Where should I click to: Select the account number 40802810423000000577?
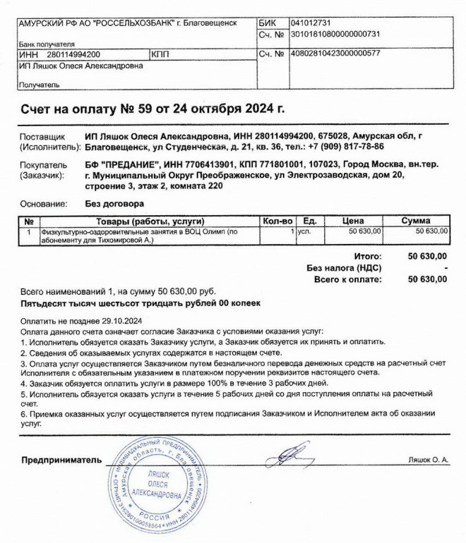335,54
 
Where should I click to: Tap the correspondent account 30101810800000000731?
335,33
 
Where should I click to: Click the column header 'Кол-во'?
277,220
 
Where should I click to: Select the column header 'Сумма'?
419,220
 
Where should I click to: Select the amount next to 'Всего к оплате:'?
428,279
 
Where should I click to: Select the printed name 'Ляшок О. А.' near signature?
428,460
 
